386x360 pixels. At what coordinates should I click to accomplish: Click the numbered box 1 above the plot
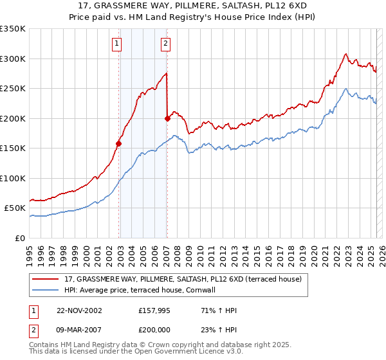(x=116, y=44)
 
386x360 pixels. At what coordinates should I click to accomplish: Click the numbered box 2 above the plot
(x=165, y=44)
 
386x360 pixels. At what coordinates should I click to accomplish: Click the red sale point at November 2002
(x=119, y=143)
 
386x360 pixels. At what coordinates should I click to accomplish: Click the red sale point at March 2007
(x=167, y=118)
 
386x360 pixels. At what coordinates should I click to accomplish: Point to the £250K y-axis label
(x=12, y=89)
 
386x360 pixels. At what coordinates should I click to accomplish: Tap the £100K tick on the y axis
(x=12, y=178)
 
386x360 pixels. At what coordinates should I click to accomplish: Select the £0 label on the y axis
(x=20, y=238)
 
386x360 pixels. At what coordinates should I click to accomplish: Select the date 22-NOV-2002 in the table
(x=79, y=310)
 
